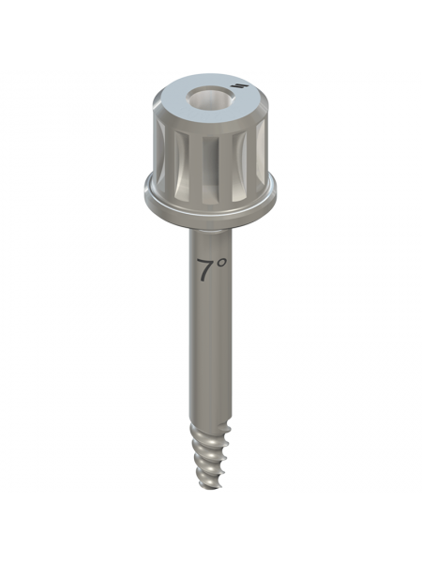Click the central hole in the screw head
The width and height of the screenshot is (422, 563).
coord(210,99)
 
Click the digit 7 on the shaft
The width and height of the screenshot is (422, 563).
coord(204,270)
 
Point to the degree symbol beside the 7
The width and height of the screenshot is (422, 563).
coord(221,263)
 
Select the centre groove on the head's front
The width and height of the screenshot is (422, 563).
coord(210,166)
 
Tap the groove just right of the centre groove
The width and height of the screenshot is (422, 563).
coord(239,163)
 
